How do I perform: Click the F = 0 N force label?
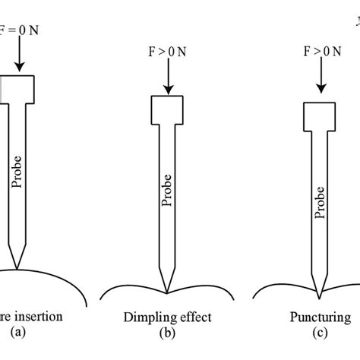[17, 11]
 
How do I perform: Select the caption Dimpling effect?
[167, 317]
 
